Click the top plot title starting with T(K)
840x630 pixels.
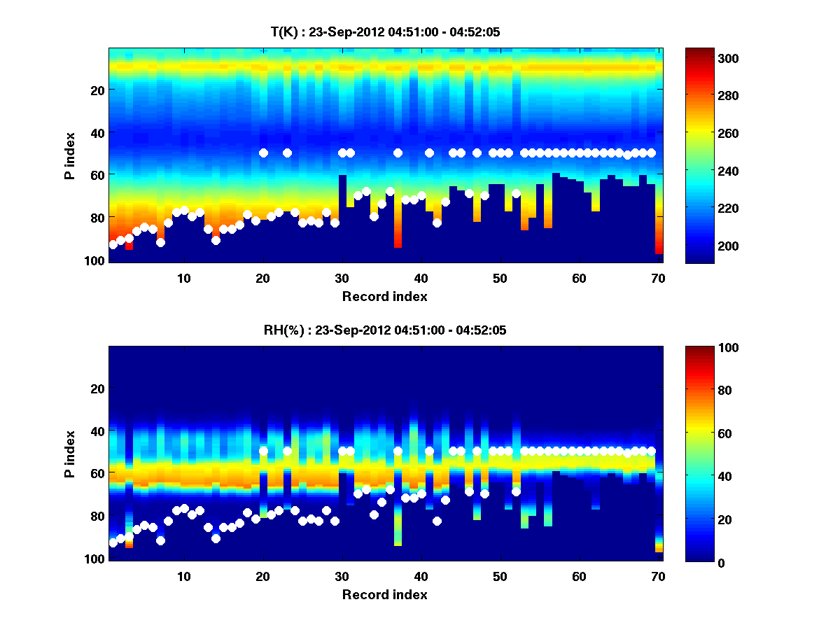click(x=384, y=32)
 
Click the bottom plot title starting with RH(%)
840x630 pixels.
click(x=384, y=330)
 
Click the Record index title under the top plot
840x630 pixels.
click(x=384, y=296)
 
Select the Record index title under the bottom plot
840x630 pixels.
click(x=384, y=594)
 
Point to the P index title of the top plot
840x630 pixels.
click(x=70, y=155)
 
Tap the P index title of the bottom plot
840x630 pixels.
click(x=70, y=454)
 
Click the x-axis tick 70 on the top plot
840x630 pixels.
click(x=658, y=278)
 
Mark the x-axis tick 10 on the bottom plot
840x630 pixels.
click(x=183, y=576)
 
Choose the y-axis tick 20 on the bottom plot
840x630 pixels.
click(x=98, y=388)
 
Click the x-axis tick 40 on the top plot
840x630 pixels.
click(x=421, y=278)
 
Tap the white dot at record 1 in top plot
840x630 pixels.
click(x=113, y=244)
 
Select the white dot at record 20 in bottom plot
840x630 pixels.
click(x=263, y=451)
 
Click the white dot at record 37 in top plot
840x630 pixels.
click(x=398, y=153)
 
